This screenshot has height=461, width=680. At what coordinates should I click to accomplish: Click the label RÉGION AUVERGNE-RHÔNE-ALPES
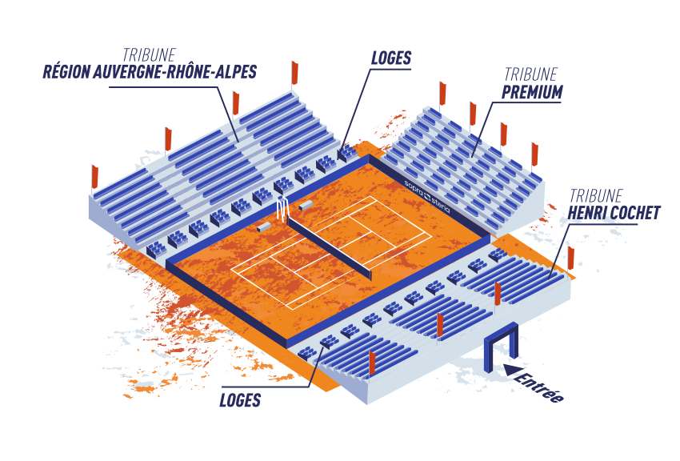tap(150, 73)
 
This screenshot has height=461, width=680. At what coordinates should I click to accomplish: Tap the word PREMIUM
tap(532, 93)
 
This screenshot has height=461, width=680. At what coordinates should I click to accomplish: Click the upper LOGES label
tap(391, 58)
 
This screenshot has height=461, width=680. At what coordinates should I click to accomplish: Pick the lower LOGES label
tap(240, 400)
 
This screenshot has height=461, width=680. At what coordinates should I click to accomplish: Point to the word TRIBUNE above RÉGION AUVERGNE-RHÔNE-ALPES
tap(149, 54)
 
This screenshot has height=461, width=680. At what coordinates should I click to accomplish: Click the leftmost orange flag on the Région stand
tap(94, 176)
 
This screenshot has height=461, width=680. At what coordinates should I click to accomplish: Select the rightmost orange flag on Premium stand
tap(534, 153)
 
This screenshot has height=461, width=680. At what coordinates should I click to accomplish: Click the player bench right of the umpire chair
tap(306, 206)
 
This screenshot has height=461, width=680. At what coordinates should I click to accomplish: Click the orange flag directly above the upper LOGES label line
tap(295, 72)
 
